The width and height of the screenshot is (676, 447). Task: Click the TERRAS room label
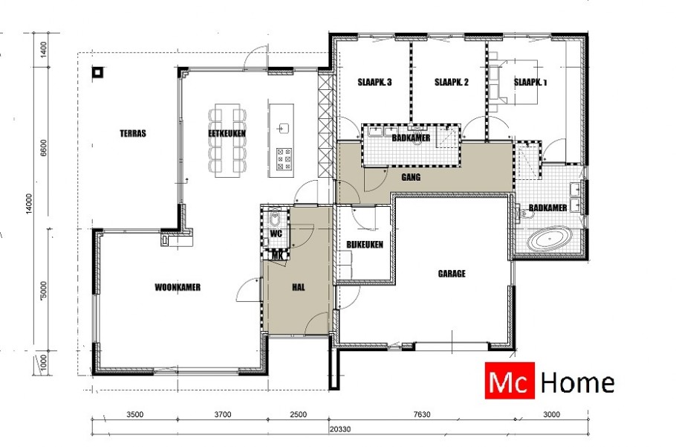pyautogui.click(x=133, y=134)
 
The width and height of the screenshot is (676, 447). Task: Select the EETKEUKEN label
pyautogui.click(x=227, y=133)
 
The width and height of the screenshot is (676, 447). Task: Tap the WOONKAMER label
pyautogui.click(x=178, y=287)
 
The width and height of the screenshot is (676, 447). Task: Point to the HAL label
pyautogui.click(x=299, y=286)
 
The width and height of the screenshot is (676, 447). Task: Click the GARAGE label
pyautogui.click(x=451, y=274)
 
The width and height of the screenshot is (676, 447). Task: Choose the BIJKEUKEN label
pyautogui.click(x=364, y=245)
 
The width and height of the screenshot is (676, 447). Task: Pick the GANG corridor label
pyautogui.click(x=412, y=179)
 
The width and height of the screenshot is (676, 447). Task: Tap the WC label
pyautogui.click(x=276, y=234)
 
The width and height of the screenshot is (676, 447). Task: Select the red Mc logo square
pyautogui.click(x=509, y=383)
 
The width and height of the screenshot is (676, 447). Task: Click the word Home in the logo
pyautogui.click(x=577, y=383)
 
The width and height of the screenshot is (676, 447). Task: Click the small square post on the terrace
pyautogui.click(x=97, y=73)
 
